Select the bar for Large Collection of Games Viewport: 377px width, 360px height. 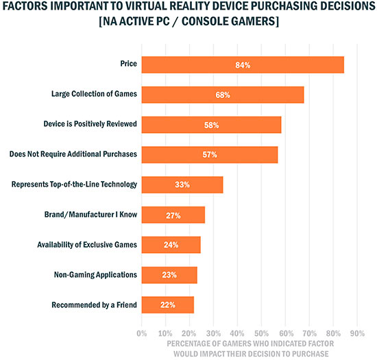(222, 95)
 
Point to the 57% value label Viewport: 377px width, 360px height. (210, 155)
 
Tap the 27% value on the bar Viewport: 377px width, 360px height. (173, 215)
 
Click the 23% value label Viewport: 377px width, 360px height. (169, 274)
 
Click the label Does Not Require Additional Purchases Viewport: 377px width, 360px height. (74, 154)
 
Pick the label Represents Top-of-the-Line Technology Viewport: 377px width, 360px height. (75, 184)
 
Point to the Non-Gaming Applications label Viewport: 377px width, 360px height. (96, 275)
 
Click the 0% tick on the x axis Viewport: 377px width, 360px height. (142, 334)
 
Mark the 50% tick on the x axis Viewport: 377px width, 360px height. (260, 334)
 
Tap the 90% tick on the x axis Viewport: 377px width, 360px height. (356, 334)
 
